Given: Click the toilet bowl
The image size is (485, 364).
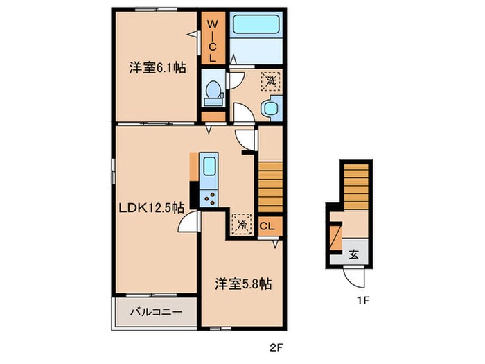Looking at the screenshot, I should pos(213,91).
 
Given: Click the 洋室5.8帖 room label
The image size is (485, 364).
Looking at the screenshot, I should pos(242,284).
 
